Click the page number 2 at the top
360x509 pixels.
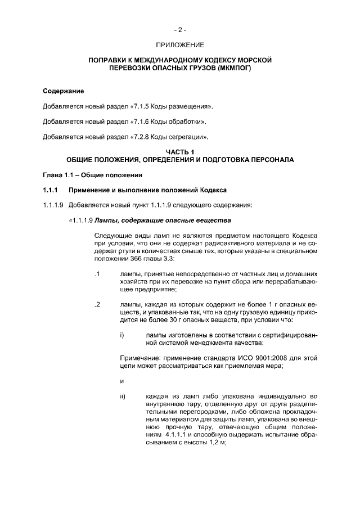click(180, 29)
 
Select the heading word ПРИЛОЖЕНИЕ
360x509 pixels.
click(180, 44)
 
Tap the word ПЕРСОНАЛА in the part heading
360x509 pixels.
click(270, 160)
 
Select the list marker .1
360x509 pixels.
click(97, 274)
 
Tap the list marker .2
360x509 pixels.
click(97, 305)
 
